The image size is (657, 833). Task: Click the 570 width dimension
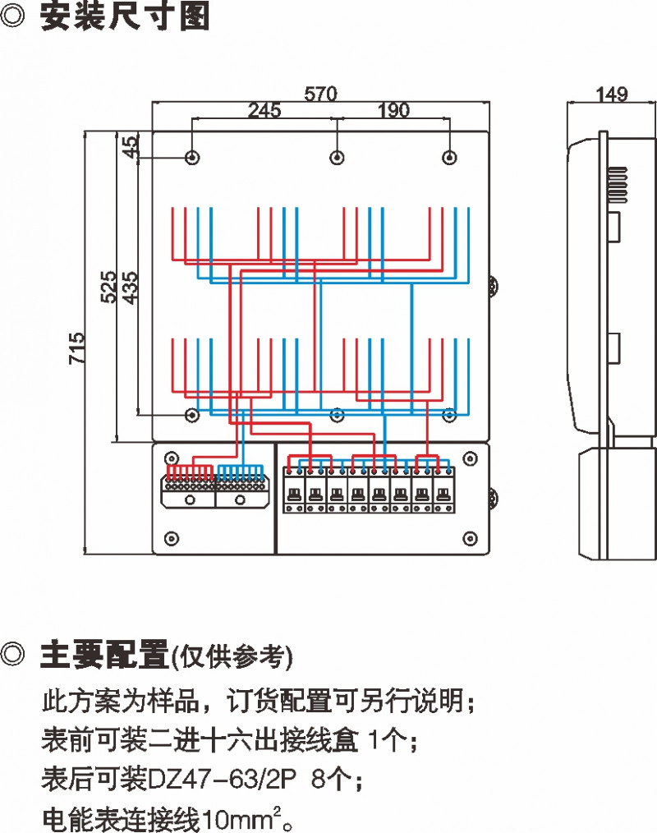(321, 94)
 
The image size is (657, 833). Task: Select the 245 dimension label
(264, 110)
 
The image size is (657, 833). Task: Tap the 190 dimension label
(393, 110)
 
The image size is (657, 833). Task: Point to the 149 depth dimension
(612, 94)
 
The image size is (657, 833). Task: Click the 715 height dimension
(76, 347)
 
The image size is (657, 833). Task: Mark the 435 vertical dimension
(129, 288)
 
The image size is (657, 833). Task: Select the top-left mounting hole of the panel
(192, 157)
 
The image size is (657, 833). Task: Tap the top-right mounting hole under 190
(449, 157)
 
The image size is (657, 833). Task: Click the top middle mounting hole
(336, 157)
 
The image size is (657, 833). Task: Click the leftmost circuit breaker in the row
(293, 490)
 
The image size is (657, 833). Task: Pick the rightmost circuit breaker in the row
(443, 490)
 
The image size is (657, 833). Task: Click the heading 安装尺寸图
(124, 17)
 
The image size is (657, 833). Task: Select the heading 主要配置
(104, 655)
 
